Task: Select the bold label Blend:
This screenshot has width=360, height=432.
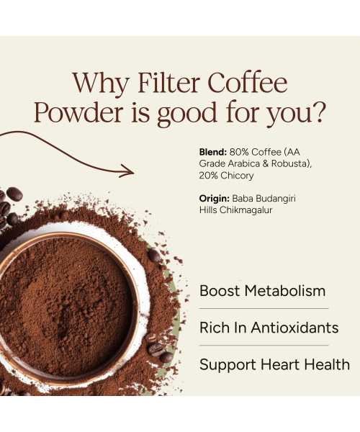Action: tap(212, 152)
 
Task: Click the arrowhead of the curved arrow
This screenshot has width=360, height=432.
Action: tap(129, 171)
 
